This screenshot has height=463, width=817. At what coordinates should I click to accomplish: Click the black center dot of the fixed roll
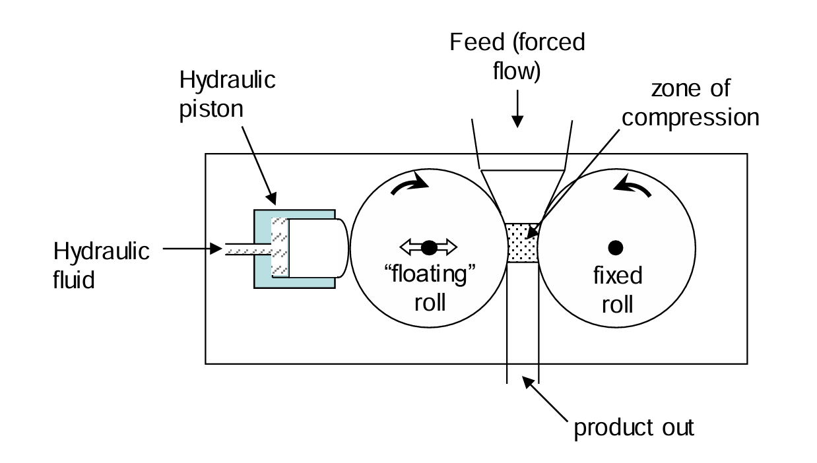click(x=616, y=247)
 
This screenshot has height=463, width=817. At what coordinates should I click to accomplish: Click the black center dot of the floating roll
click(x=429, y=247)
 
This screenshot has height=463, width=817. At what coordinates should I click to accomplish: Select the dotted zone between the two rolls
click(x=522, y=242)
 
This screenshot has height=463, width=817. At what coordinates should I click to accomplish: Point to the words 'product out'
click(x=634, y=427)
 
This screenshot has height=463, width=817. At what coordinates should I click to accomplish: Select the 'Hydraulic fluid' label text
click(x=101, y=265)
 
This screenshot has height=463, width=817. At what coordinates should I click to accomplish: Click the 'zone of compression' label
click(x=690, y=103)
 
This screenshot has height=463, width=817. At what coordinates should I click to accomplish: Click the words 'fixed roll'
click(x=617, y=289)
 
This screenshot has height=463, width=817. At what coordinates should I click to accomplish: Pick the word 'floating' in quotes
click(x=429, y=276)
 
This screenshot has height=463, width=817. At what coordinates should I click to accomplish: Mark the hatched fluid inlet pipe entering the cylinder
click(x=247, y=249)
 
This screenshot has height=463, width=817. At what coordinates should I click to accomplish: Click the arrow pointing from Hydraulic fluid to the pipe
click(x=192, y=249)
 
